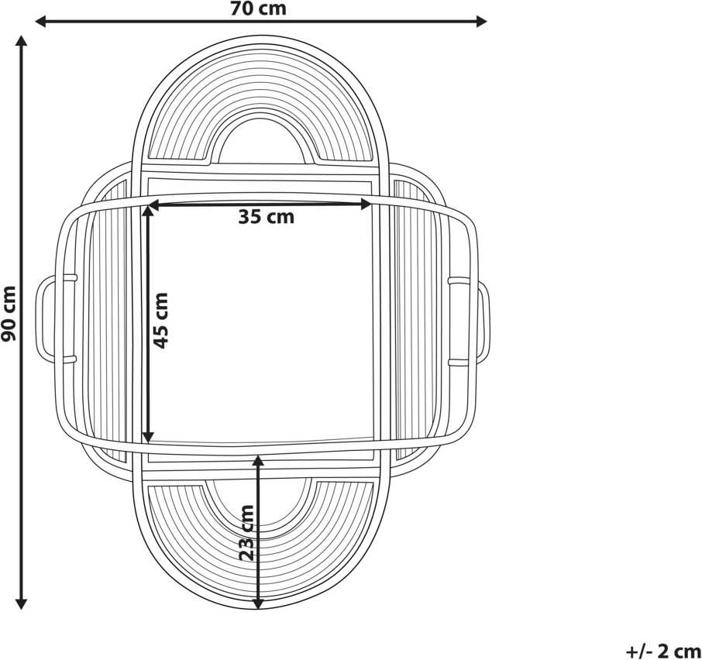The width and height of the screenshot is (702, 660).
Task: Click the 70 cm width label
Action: (258, 9)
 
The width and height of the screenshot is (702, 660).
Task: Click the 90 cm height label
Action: (9, 313)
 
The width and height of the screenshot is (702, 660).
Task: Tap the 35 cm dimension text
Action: (267, 217)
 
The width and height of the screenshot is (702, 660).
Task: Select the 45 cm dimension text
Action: (160, 321)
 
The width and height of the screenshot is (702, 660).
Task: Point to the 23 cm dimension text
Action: (246, 533)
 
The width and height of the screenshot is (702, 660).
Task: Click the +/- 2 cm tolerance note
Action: (663, 651)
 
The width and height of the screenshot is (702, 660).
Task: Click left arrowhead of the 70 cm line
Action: (40, 21)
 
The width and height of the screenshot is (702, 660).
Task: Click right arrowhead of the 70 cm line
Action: (482, 21)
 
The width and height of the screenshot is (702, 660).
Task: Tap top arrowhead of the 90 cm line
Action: (21, 41)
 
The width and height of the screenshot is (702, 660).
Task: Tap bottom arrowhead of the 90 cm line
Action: (21, 604)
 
